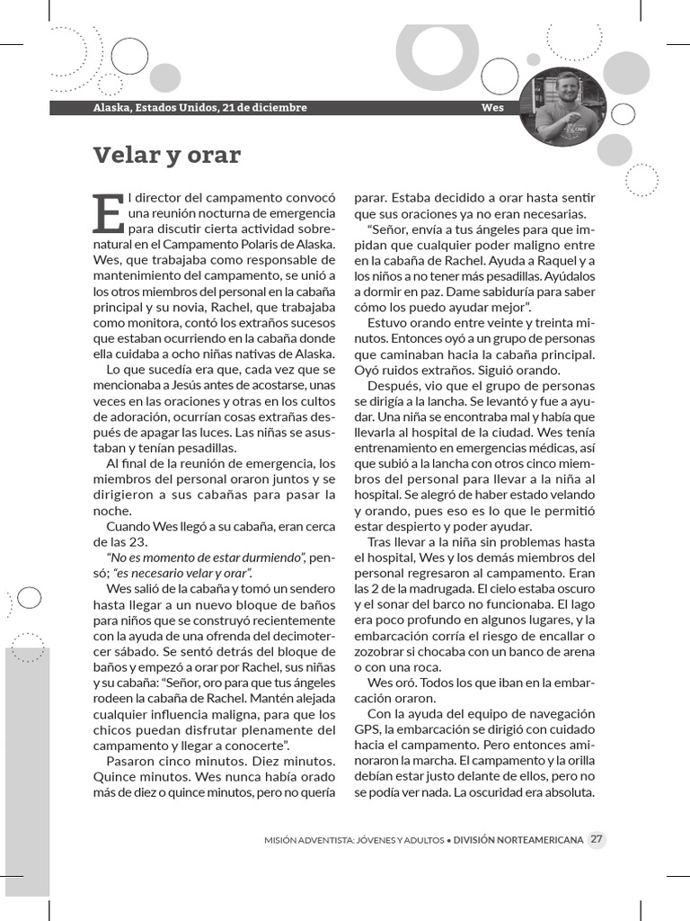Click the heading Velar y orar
click(x=167, y=155)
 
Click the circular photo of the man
click(x=562, y=106)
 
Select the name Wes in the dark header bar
click(x=492, y=108)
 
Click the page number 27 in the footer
click(x=597, y=839)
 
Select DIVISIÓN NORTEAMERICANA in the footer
click(x=517, y=840)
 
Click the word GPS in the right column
click(x=368, y=729)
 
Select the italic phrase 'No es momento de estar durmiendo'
click(x=206, y=558)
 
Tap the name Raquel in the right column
click(x=548, y=260)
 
